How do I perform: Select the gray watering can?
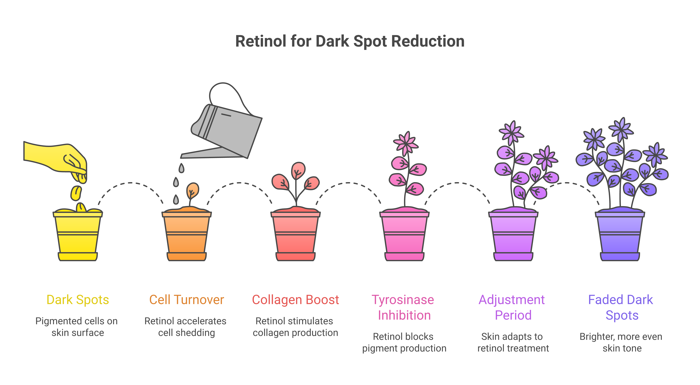click(228, 130)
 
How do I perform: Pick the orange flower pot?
click(187, 236)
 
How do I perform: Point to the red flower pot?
click(296, 236)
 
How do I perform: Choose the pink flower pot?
click(404, 236)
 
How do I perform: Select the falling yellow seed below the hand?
click(76, 193)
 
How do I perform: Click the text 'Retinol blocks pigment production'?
click(404, 342)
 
